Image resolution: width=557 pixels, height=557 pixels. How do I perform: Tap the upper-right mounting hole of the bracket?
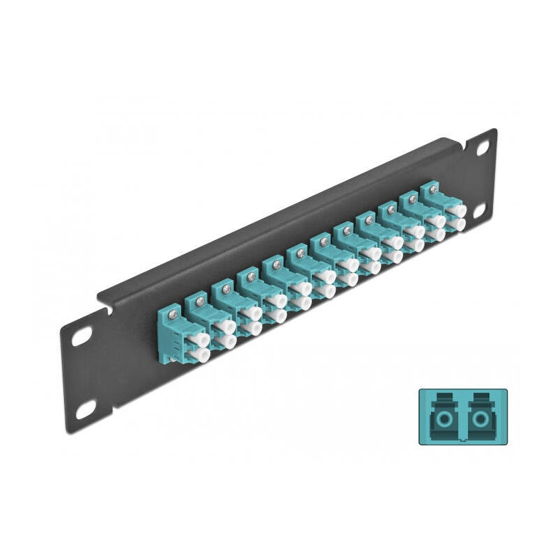point(482,148)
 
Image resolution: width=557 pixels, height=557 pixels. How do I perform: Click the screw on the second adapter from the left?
point(201,300)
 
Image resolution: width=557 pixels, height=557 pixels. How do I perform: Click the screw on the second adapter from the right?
point(411,200)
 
